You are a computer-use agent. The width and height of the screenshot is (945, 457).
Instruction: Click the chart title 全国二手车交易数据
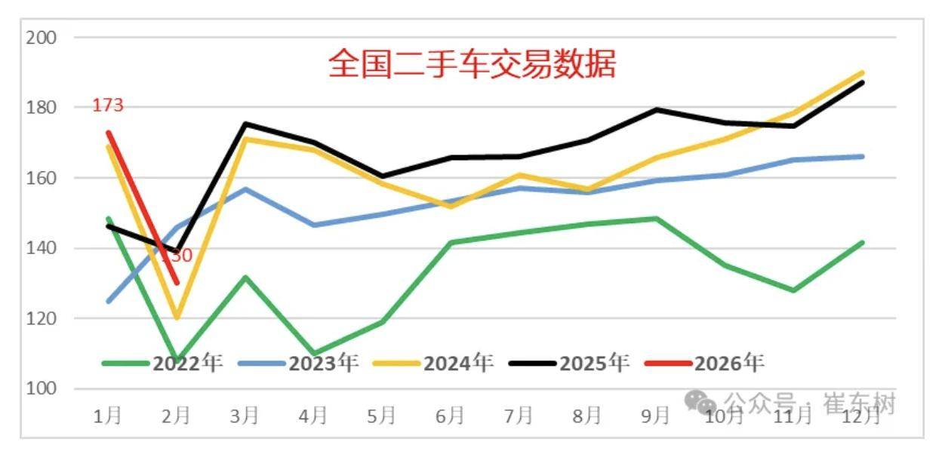[472, 63]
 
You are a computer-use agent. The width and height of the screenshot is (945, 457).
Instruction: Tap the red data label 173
[107, 106]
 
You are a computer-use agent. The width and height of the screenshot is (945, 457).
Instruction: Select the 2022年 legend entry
[163, 363]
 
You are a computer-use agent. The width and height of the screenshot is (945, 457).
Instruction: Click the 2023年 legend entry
[299, 363]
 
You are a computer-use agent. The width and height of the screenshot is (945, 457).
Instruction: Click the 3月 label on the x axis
[245, 415]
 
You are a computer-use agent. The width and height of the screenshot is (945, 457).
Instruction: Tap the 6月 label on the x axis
[450, 415]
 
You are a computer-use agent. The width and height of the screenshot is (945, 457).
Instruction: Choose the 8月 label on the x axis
[587, 415]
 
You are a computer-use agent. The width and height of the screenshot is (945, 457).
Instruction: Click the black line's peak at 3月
[245, 124]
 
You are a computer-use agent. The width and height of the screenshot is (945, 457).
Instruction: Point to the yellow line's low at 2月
[177, 317]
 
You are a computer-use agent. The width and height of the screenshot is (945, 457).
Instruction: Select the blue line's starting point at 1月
[109, 301]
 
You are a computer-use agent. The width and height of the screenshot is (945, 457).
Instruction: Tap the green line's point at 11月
[793, 290]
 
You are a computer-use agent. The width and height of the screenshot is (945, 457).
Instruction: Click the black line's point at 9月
[656, 109]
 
